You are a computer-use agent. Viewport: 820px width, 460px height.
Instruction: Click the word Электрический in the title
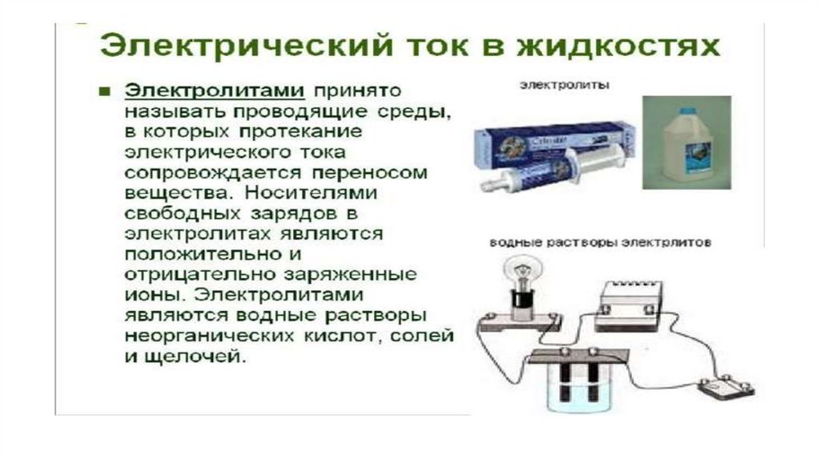click(247, 46)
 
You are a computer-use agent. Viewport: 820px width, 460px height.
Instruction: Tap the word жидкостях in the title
click(619, 46)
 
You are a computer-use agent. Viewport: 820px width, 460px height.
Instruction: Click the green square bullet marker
click(105, 92)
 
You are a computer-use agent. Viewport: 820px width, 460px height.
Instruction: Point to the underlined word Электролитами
click(215, 91)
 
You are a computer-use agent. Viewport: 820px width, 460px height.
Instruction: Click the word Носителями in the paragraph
click(311, 192)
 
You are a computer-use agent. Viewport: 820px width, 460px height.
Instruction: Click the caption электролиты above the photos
click(565, 85)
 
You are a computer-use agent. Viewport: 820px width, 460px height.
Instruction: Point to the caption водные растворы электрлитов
click(601, 243)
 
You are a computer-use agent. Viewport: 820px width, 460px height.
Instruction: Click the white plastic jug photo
click(686, 143)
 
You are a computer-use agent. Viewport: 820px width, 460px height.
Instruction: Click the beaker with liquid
click(580, 387)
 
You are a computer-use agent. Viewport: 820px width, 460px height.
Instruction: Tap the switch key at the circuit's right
click(726, 387)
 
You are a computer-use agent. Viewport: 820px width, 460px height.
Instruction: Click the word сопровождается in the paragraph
click(213, 172)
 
